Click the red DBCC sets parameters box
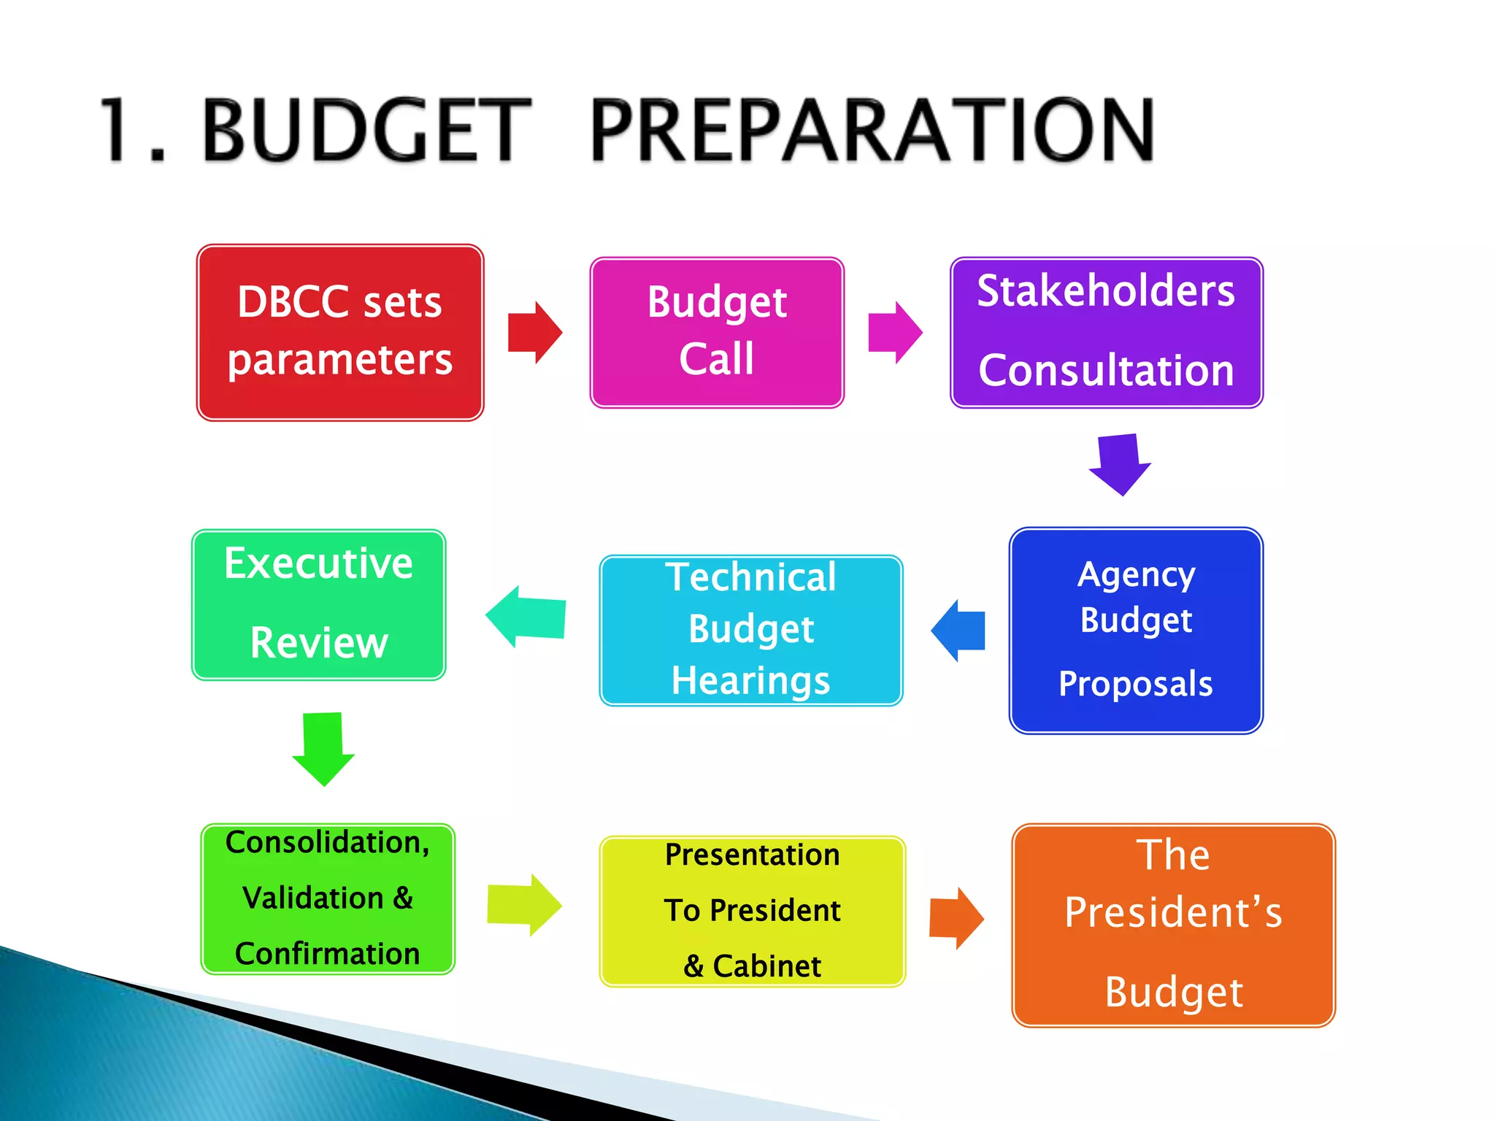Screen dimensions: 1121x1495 click(340, 333)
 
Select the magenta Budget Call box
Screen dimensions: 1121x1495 click(717, 333)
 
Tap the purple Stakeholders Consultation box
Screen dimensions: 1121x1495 click(1107, 333)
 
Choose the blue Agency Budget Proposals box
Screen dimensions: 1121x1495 click(1136, 631)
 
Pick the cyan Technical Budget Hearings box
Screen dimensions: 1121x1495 click(751, 631)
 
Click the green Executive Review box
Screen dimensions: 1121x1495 click(319, 605)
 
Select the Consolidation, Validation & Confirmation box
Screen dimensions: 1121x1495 click(328, 899)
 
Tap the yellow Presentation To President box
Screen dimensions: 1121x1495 click(753, 912)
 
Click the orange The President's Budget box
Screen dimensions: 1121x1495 click(1173, 925)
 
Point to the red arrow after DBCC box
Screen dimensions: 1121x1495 click(535, 333)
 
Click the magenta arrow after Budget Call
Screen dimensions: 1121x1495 click(895, 333)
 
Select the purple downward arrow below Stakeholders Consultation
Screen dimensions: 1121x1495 click(1120, 464)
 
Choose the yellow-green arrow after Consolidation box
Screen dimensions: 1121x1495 click(524, 905)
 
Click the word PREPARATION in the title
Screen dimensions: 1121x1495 click(872, 130)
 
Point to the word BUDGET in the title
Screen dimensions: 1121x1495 click(366, 130)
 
